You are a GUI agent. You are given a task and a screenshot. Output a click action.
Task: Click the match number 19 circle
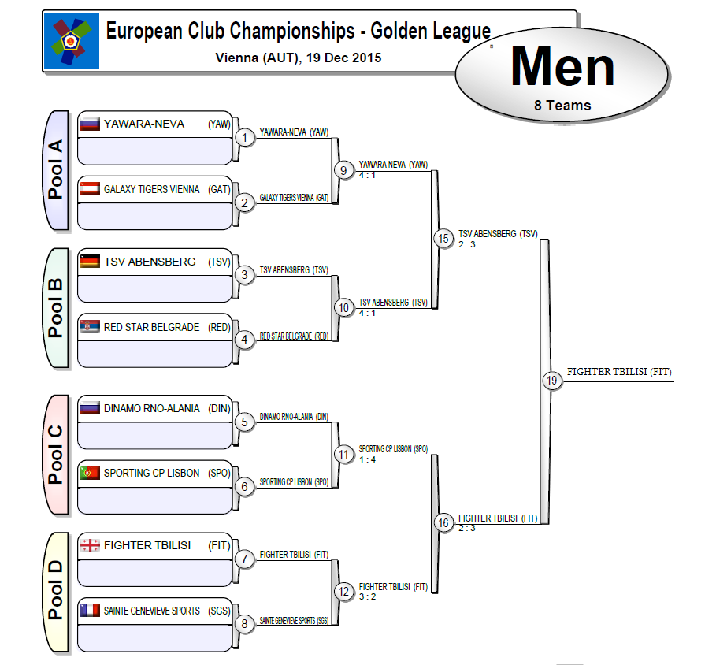pos(552,381)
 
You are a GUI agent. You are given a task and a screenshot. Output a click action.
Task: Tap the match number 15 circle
pos(443,238)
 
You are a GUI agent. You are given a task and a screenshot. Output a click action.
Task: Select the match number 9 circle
pos(343,169)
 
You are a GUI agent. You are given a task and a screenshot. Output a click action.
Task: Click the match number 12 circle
pos(343,592)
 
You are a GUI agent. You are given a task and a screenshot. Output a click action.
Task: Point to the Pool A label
pos(55,170)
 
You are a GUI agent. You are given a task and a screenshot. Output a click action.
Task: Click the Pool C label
pos(55,455)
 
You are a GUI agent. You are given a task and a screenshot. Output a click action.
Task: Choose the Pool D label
pos(55,593)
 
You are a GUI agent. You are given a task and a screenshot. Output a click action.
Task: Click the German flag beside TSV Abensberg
pos(89,262)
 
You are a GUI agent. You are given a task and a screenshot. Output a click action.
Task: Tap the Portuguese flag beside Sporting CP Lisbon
pos(89,473)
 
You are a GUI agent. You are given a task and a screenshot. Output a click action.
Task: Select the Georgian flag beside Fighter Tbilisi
pos(89,545)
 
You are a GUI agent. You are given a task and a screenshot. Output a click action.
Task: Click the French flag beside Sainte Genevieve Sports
pos(89,610)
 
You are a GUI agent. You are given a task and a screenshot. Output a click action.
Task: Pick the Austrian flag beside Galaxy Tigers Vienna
pos(89,189)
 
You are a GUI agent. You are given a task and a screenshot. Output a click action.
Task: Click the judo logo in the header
pos(72,41)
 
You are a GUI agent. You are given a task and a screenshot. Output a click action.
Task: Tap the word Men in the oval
pos(562,67)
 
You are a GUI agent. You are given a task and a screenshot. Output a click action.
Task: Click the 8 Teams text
pos(562,105)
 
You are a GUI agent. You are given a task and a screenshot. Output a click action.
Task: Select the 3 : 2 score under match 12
pos(368,596)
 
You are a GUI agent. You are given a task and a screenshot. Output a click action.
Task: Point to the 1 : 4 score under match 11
pos(368,459)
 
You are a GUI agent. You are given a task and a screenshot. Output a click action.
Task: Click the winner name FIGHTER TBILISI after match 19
pos(619,372)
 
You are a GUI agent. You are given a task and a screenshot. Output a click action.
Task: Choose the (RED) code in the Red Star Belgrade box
pos(218,327)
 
